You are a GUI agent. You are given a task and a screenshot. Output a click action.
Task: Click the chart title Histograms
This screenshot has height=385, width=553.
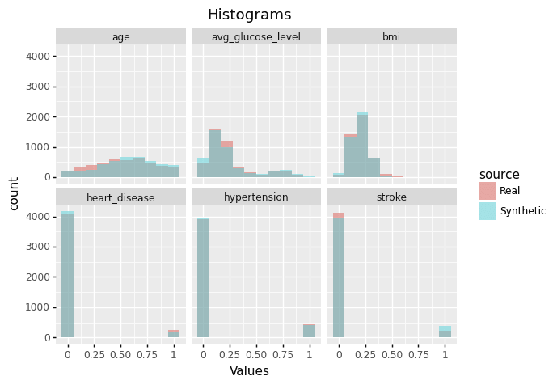pyautogui.click(x=249, y=15)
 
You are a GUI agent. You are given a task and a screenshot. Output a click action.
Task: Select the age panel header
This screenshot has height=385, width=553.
pyautogui.click(x=120, y=36)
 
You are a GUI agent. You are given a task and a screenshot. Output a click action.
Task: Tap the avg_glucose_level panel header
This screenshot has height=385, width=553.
pyautogui.click(x=256, y=36)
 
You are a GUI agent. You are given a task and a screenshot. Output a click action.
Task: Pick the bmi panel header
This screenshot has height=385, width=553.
pyautogui.click(x=391, y=36)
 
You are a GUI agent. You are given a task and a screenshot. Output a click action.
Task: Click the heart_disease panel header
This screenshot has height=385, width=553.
pyautogui.click(x=120, y=197)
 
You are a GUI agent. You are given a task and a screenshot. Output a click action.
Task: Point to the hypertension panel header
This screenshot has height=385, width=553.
pyautogui.click(x=256, y=197)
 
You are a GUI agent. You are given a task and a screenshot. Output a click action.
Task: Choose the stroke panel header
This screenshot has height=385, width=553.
pyautogui.click(x=391, y=197)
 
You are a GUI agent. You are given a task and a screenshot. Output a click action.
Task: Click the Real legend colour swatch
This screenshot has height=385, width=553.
pyautogui.click(x=488, y=191)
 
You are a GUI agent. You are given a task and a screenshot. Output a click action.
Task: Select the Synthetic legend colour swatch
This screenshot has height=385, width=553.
pyautogui.click(x=488, y=211)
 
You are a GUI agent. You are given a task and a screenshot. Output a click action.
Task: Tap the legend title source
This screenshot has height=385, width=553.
pyautogui.click(x=499, y=175)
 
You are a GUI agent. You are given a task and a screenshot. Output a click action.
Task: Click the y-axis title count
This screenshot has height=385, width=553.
pyautogui.click(x=14, y=194)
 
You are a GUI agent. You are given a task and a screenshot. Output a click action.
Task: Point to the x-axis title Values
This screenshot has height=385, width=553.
pyautogui.click(x=249, y=371)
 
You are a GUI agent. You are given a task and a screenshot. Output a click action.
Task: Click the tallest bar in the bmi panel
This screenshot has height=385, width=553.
pyautogui.click(x=362, y=144)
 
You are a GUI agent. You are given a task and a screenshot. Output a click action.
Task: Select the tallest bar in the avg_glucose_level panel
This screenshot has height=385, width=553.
pyautogui.click(x=215, y=153)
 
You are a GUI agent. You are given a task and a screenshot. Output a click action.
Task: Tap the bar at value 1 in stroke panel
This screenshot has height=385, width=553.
pyautogui.click(x=445, y=332)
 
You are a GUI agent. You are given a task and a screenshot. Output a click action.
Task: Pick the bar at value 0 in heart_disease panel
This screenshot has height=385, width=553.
pyautogui.click(x=67, y=274)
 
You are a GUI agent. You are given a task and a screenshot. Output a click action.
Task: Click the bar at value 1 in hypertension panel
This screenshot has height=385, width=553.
pyautogui.click(x=310, y=331)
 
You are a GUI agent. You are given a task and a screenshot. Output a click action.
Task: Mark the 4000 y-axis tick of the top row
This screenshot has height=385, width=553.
pyautogui.click(x=38, y=56)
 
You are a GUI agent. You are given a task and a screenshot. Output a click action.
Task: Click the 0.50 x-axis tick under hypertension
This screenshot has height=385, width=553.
pyautogui.click(x=256, y=354)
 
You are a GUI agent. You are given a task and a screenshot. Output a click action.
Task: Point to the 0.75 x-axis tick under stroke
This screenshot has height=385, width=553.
pyautogui.click(x=419, y=354)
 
